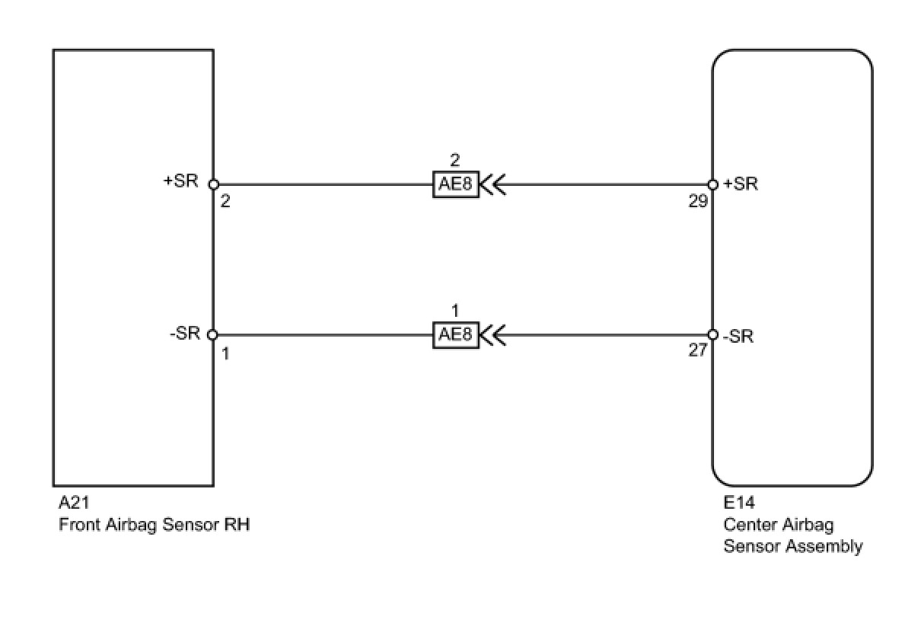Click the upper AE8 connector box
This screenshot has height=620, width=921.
click(x=456, y=184)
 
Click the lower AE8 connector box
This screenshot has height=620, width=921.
click(x=456, y=335)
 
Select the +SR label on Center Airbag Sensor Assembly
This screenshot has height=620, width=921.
click(x=741, y=184)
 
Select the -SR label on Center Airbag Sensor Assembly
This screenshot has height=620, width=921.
click(x=739, y=336)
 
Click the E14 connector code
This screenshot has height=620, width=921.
click(x=739, y=503)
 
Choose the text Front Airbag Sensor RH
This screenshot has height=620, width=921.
click(x=155, y=525)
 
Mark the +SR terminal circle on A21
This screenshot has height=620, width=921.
click(x=213, y=184)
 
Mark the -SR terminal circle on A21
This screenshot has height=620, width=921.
click(x=213, y=335)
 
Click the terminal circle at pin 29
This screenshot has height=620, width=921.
click(x=712, y=184)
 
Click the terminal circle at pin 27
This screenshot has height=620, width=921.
click(x=712, y=335)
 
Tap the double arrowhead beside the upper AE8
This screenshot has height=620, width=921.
click(x=494, y=184)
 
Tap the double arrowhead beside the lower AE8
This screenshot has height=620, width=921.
click(x=494, y=335)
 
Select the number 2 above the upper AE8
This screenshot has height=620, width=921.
click(x=455, y=161)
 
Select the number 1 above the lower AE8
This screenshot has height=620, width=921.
click(x=455, y=312)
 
